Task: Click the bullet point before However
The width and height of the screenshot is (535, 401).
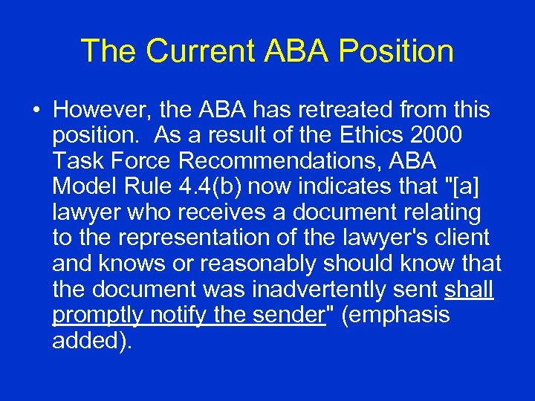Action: click(x=36, y=111)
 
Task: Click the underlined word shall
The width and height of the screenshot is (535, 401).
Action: click(x=469, y=290)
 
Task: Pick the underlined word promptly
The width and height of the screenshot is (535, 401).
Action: click(x=97, y=315)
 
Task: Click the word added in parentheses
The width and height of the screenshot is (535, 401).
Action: click(x=91, y=341)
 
